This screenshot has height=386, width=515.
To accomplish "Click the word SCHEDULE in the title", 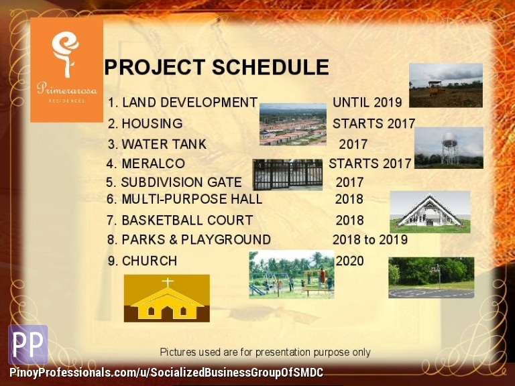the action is (270, 67).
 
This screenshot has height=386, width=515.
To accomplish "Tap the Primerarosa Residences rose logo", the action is (66, 54).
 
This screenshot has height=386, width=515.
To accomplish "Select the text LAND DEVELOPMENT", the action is (190, 103).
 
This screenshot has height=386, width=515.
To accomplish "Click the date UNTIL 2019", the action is (367, 103).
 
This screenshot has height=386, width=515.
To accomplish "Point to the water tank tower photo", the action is (449, 148).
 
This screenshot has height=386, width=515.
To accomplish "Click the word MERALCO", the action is (154, 164).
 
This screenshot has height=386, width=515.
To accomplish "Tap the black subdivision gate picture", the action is (288, 175).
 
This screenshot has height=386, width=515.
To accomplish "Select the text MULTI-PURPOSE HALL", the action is (192, 199).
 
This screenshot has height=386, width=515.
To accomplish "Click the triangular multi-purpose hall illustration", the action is (430, 212).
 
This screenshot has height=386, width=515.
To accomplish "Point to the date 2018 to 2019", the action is (370, 240).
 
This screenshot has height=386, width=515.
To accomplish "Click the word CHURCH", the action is (150, 261).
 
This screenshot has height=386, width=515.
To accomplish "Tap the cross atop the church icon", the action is (168, 283).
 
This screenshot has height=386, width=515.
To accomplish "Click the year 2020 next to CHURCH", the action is (350, 261).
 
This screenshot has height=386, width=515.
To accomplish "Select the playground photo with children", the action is (292, 275).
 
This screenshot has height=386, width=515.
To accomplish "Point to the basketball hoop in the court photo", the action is (435, 269).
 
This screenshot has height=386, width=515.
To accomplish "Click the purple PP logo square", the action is (28, 344).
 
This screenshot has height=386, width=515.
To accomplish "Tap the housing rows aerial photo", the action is (293, 125).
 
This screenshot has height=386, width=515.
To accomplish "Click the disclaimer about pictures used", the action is (265, 352).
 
